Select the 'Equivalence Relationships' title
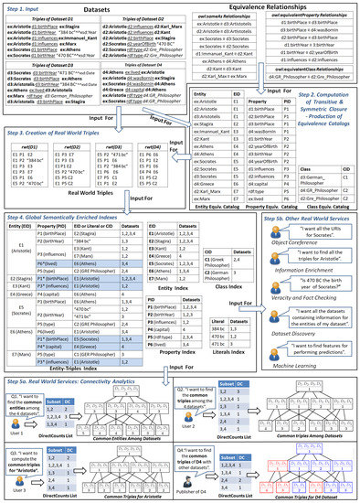click(274, 9)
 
